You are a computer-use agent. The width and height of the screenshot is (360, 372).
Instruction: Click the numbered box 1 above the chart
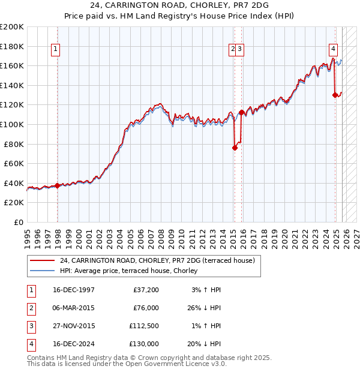[x=55, y=50]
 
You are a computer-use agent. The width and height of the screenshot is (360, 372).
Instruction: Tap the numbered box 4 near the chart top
[x=333, y=50]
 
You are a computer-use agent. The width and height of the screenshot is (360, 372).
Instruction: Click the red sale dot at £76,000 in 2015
[x=235, y=148]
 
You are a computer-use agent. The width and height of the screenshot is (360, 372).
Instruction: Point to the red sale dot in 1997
[x=58, y=186]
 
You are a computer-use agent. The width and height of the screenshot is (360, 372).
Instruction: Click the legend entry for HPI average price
[x=132, y=271]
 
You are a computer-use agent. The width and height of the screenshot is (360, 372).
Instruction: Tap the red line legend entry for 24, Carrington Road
[x=157, y=260]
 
